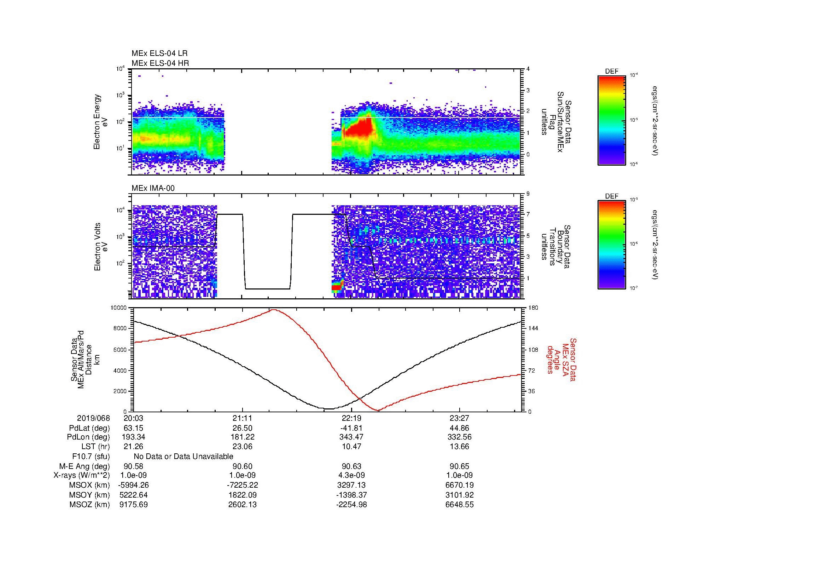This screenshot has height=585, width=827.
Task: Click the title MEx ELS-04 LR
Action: [159, 53]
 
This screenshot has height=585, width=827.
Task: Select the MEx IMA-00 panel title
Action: [153, 188]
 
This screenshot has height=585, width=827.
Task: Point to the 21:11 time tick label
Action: [243, 418]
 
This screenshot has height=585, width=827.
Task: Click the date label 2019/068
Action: [93, 418]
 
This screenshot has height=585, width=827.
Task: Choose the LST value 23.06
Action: [243, 447]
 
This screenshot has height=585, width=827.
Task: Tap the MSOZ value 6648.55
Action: [460, 505]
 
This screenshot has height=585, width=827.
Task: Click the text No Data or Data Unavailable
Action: [184, 457]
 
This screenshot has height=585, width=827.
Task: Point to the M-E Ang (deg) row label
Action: [84, 466]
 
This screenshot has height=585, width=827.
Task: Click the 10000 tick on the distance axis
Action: [118, 308]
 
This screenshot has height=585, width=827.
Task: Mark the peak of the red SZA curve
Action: [274, 309]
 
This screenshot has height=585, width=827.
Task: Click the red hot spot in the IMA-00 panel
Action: [336, 287]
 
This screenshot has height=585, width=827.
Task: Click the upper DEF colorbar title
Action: [611, 71]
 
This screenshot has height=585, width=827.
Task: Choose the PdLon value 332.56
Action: [460, 437]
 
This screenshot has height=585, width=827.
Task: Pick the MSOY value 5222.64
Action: [133, 495]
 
